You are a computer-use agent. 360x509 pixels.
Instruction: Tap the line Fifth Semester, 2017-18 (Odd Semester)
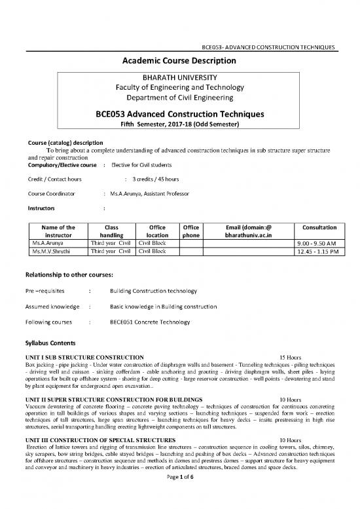(180, 124)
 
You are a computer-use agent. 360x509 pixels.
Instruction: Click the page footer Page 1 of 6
(179, 499)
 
